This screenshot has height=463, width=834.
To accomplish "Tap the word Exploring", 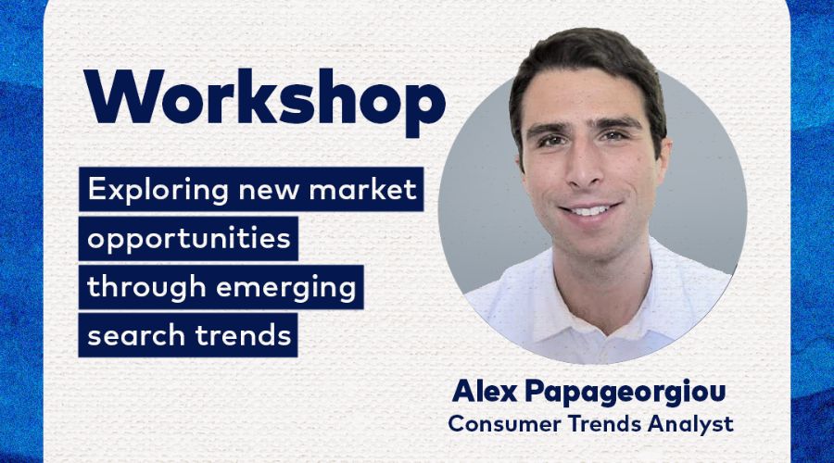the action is [158, 191].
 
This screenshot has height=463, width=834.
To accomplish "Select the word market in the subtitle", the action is [362, 189].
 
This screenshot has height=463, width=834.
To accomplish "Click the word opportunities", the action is [189, 239].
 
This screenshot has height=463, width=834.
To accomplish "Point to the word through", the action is [146, 287].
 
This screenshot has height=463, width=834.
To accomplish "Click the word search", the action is [135, 335].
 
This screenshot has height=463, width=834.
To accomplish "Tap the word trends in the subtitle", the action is [243, 335].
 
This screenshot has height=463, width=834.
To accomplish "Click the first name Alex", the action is [485, 392].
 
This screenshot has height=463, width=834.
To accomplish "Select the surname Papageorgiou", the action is [625, 393].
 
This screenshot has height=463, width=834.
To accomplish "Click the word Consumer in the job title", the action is [504, 424].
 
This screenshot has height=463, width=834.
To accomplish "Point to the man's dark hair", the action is [585, 58].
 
